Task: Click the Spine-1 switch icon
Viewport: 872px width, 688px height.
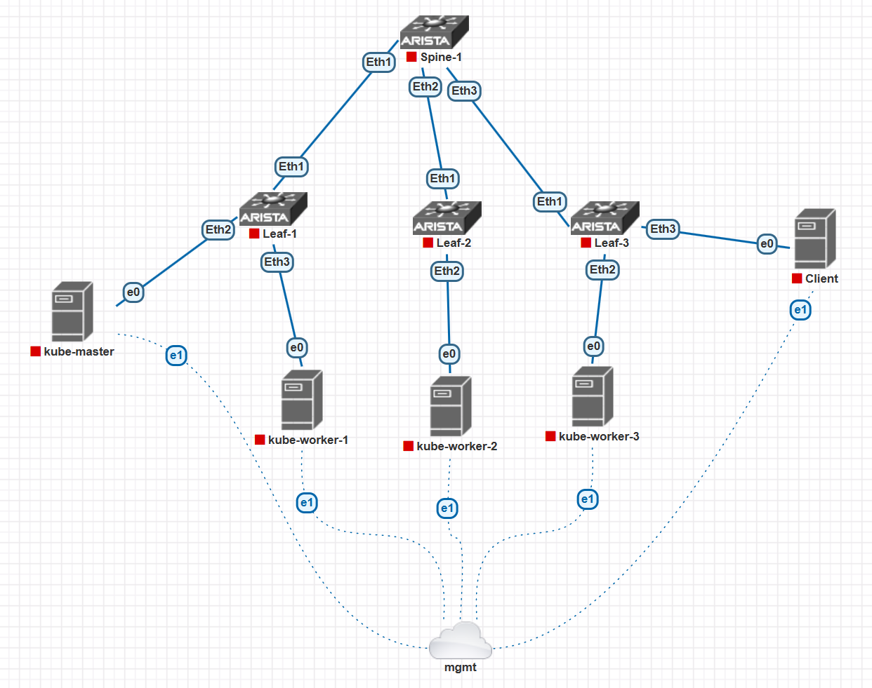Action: (x=434, y=32)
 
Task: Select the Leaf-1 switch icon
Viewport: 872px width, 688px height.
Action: (x=273, y=209)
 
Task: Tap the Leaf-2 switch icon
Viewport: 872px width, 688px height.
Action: (x=447, y=218)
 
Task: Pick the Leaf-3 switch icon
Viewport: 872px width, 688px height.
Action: (x=605, y=218)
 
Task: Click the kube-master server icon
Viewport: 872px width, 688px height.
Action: (x=72, y=311)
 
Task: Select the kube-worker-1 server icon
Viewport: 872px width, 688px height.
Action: (x=302, y=400)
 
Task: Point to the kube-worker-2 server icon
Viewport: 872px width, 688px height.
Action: (x=450, y=407)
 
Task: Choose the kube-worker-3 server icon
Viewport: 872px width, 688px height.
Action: (x=593, y=396)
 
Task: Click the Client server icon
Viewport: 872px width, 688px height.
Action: (x=814, y=239)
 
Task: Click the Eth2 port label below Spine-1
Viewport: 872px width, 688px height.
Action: (x=425, y=87)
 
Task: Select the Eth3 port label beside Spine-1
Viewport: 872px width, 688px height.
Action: (x=464, y=91)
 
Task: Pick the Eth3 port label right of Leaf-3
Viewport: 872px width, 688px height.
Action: (x=663, y=229)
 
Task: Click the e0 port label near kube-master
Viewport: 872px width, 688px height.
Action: (x=133, y=292)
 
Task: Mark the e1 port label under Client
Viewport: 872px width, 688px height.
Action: (x=800, y=310)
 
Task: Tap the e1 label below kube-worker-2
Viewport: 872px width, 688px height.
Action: (x=447, y=508)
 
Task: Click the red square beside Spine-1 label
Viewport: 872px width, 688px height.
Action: (x=412, y=57)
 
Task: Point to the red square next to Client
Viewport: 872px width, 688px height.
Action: (x=797, y=278)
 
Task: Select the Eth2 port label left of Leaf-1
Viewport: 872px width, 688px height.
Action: (x=218, y=230)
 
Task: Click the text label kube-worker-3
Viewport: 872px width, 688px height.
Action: (x=599, y=437)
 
